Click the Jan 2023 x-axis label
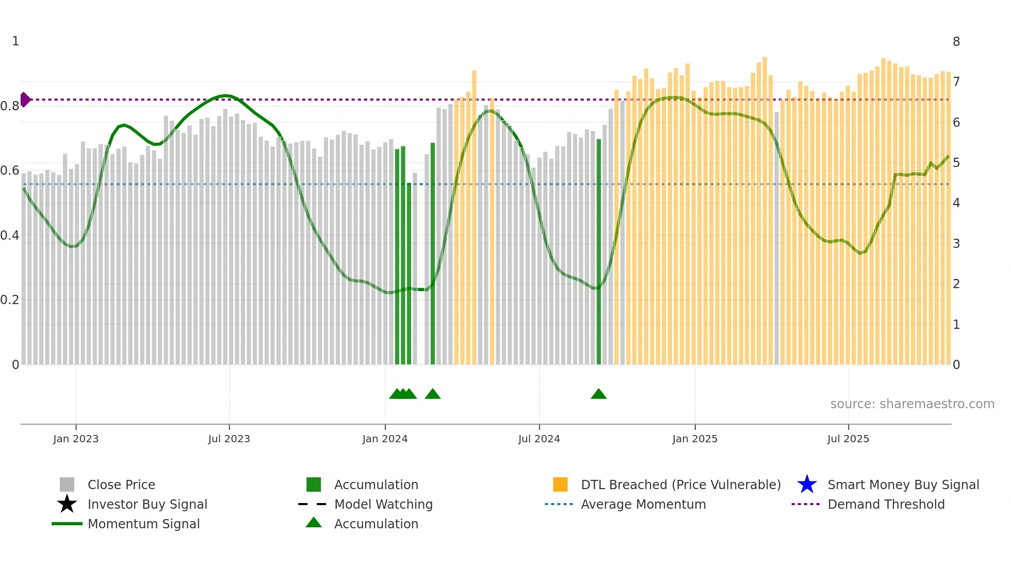[76, 439]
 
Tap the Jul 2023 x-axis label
[229, 439]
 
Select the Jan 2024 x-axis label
[385, 439]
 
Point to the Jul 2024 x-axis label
[539, 439]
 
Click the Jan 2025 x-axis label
[695, 439]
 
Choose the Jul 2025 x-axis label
[848, 439]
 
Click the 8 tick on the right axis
[956, 42]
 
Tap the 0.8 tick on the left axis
[10, 106]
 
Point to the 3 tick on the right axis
[956, 243]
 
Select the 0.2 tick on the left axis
[10, 300]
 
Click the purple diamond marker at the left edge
[25, 99]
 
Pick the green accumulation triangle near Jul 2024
[598, 394]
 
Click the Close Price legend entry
[121, 485]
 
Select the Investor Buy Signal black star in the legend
[67, 504]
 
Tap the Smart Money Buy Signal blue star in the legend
[807, 485]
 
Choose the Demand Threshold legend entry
[886, 504]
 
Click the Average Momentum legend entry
[643, 504]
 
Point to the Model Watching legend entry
[383, 504]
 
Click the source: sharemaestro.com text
[912, 404]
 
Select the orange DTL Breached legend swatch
[560, 485]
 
